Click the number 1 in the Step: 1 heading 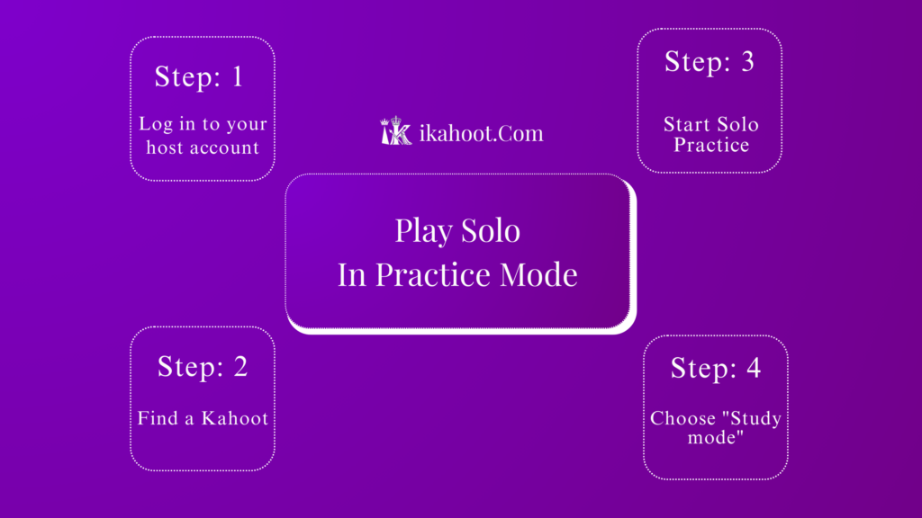[237, 77]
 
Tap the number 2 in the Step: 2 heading [239, 367]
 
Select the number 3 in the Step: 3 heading [745, 62]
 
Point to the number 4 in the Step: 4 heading [752, 368]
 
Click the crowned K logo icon [396, 131]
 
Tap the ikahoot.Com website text [482, 134]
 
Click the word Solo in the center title [491, 231]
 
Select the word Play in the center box [422, 231]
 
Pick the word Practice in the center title [424, 274]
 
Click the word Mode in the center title [539, 274]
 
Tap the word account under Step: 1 [226, 147]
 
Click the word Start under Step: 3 [687, 125]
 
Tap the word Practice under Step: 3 [711, 144]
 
